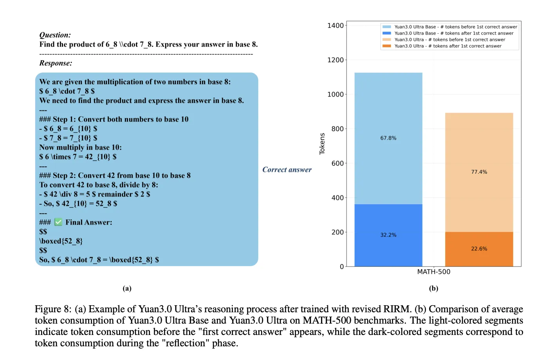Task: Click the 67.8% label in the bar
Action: coord(388,138)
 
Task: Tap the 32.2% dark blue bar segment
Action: coord(388,235)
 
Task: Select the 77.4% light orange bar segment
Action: coord(479,172)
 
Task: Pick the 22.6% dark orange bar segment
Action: coord(479,249)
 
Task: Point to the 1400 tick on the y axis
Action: coord(336,26)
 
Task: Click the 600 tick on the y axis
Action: coord(337,164)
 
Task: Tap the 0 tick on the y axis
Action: coord(342,267)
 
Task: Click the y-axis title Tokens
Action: coord(322,144)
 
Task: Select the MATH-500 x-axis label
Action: coord(433,272)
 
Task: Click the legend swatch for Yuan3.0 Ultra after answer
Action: coord(386,46)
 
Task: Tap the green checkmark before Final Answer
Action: coord(58,222)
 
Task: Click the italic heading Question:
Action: coord(55,35)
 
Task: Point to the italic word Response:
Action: coord(56,63)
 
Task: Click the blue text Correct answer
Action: coord(287,170)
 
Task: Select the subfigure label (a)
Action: coord(127,288)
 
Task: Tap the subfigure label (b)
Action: coord(433,288)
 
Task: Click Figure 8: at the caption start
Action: coord(53,309)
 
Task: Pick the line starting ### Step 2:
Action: coord(115,176)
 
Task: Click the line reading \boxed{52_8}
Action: coord(61,241)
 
